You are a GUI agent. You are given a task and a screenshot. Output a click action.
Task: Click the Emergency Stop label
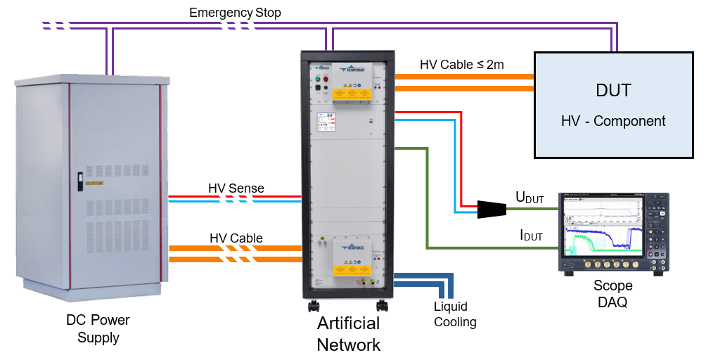click(235, 13)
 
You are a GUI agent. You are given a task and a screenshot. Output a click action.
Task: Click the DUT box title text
click(613, 91)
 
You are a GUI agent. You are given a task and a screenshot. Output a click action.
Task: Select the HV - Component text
click(613, 121)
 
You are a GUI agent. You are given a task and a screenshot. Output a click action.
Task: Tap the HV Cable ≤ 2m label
click(462, 65)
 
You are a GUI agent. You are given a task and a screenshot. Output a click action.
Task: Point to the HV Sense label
click(236, 188)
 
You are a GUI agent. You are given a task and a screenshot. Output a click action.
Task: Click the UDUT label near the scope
click(529, 198)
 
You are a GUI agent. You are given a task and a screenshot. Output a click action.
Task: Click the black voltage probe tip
click(492, 210)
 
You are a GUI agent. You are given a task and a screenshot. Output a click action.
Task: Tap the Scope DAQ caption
click(612, 294)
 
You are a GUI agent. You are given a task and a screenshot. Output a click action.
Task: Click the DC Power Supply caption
click(98, 328)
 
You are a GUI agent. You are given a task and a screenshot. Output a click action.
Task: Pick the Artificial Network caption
click(348, 334)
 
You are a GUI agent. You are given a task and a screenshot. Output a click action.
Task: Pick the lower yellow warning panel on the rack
click(352, 268)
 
